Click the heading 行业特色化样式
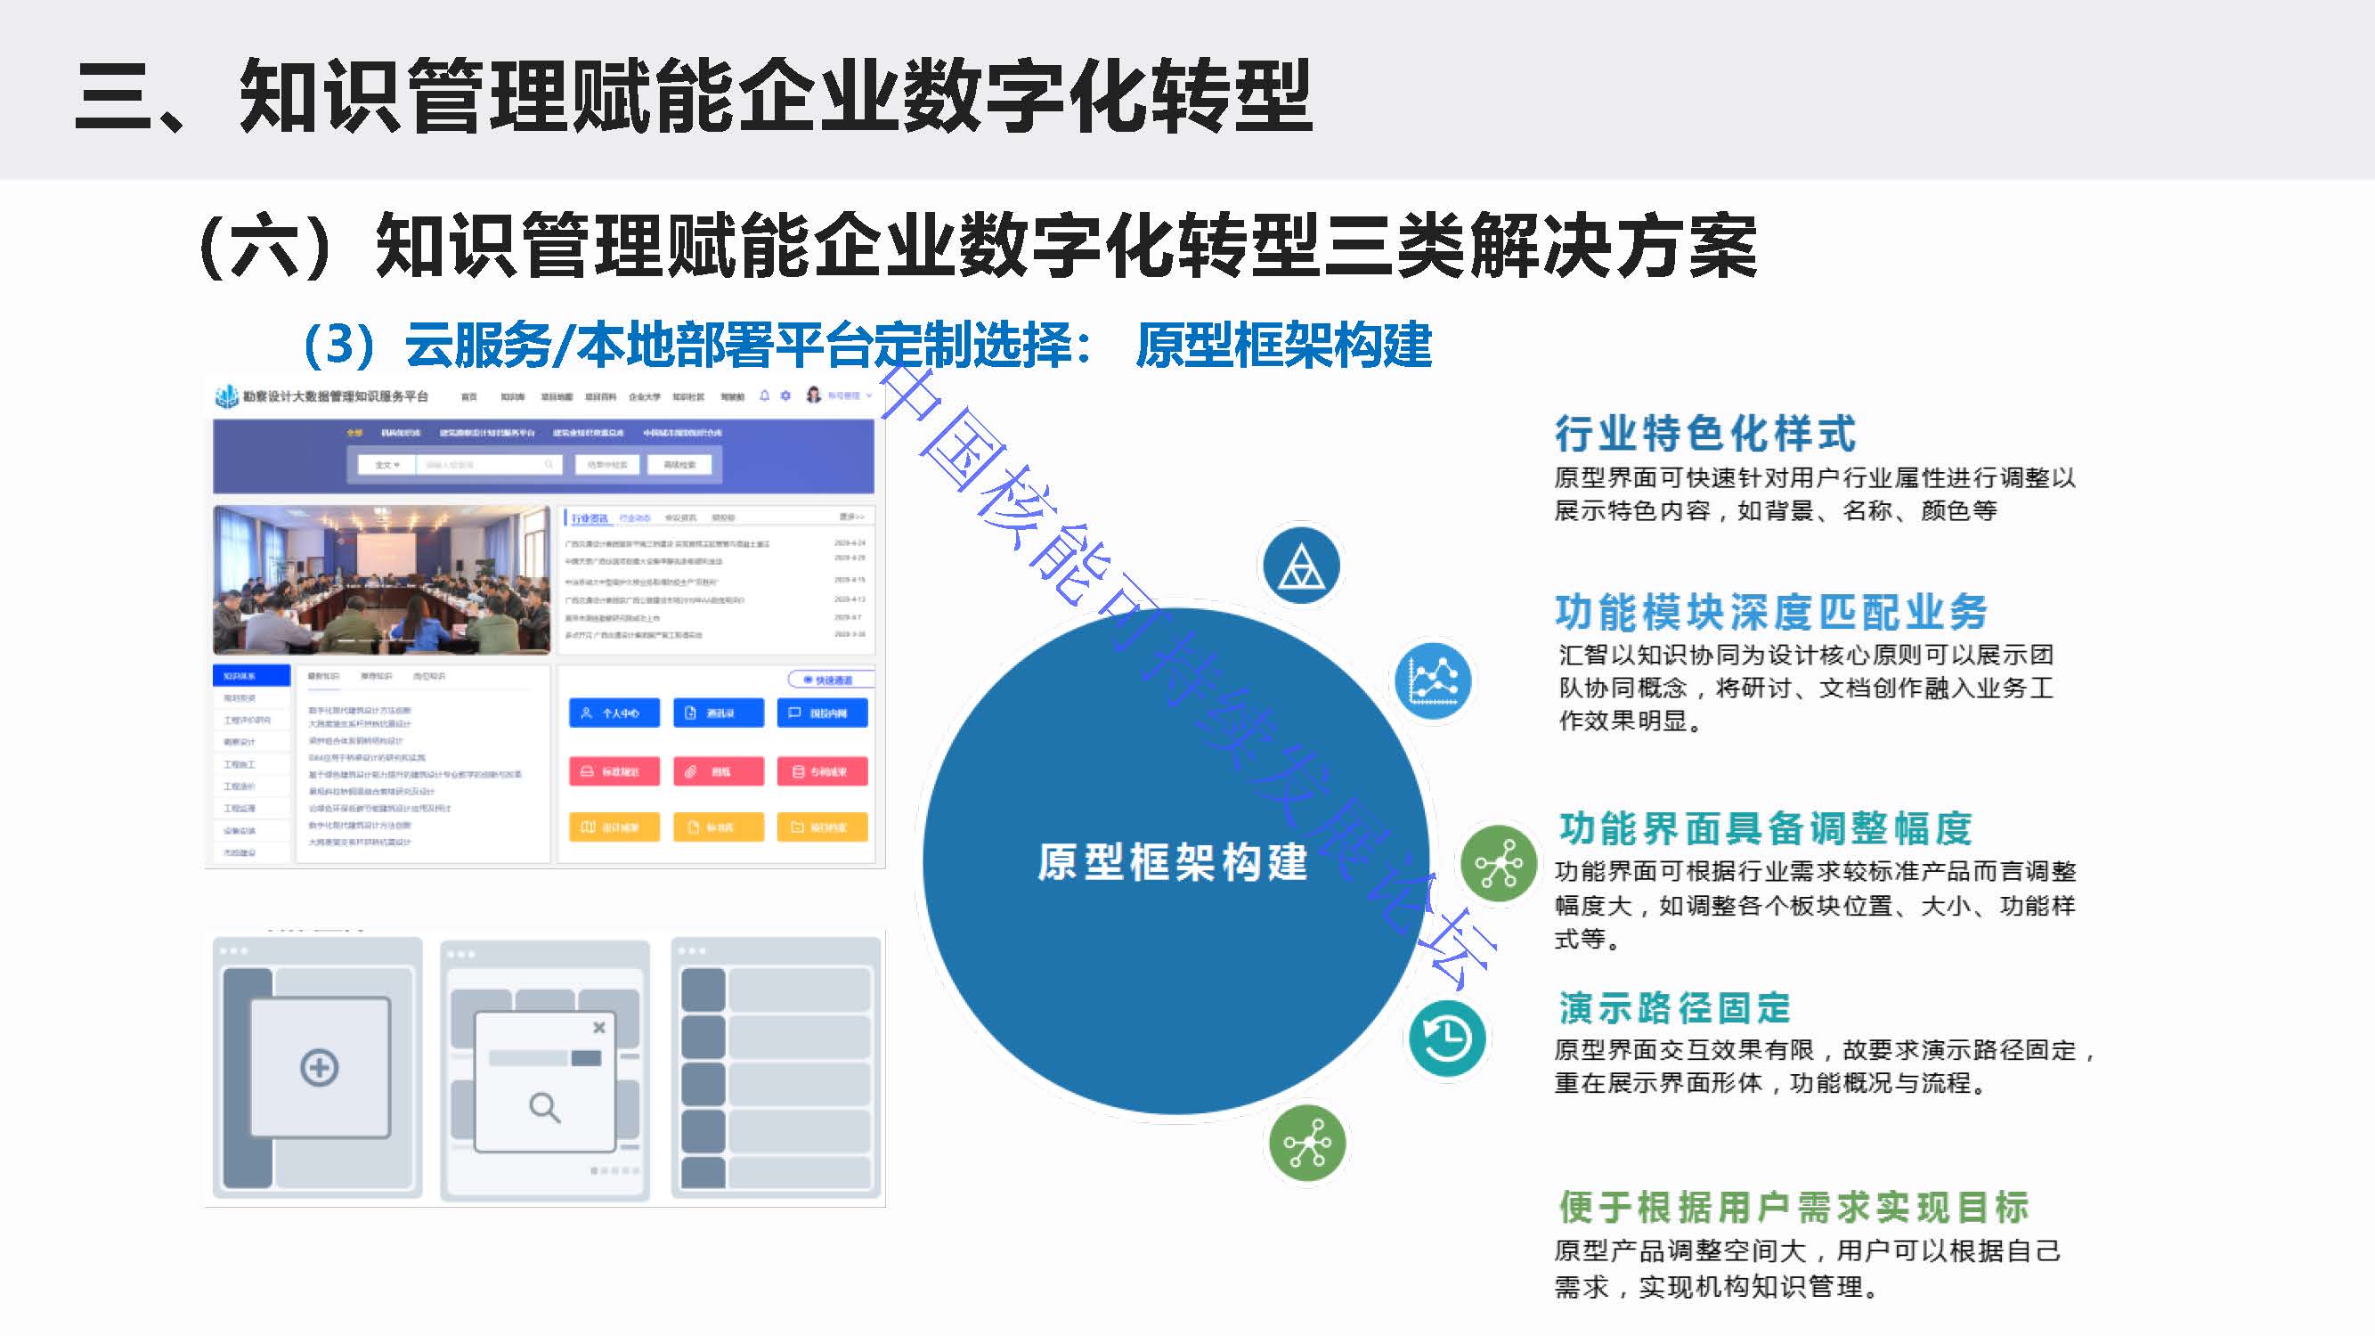pos(1704,434)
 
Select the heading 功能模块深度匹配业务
pos(1770,612)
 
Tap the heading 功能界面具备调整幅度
pos(1765,828)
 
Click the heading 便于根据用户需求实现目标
pos(1793,1206)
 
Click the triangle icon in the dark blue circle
pos(1300,566)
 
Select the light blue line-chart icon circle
pos(1432,681)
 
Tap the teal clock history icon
pos(1446,1039)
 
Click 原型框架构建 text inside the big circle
pos(1173,862)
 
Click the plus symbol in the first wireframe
pos(319,1068)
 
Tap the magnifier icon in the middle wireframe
pos(544,1106)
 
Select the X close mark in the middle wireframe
pos(599,1027)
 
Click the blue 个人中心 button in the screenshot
pos(614,713)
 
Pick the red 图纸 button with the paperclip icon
pos(719,770)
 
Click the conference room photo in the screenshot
pos(381,580)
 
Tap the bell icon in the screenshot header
pos(764,395)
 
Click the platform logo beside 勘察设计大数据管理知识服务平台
pos(226,396)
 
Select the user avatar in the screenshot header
pos(813,395)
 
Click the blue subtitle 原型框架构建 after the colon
pos(1283,346)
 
